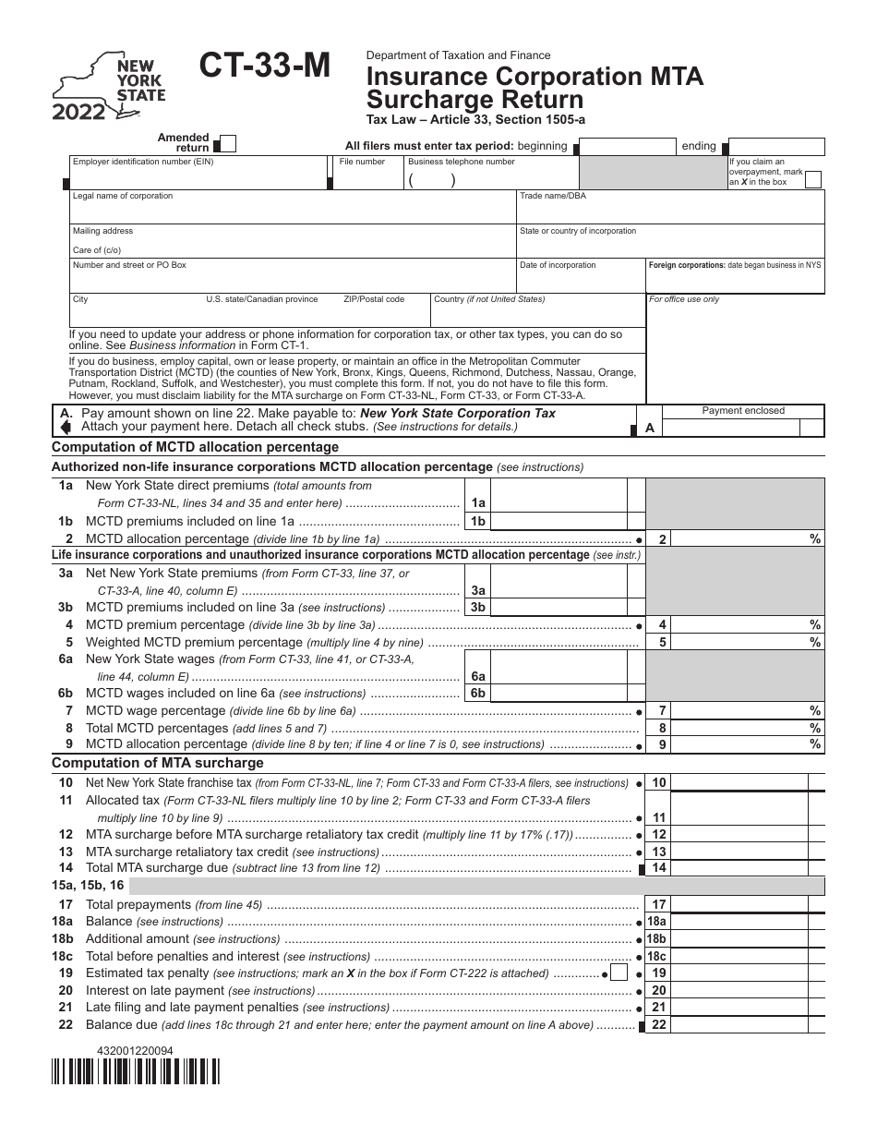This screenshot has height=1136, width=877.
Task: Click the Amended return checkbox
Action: click(x=227, y=144)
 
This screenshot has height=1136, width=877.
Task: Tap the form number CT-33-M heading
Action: click(x=264, y=68)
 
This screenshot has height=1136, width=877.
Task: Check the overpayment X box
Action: click(x=812, y=179)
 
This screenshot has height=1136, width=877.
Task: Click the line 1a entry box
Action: click(x=559, y=502)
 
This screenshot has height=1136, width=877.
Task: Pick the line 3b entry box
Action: click(x=559, y=607)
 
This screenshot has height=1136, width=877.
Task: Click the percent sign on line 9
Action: click(x=815, y=744)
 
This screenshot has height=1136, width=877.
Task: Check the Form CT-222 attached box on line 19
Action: click(x=619, y=973)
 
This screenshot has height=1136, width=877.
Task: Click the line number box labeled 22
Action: click(x=658, y=1024)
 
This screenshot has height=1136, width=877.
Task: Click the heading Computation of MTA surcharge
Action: click(x=158, y=763)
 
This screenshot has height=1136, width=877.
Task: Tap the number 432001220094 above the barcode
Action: click(x=134, y=1050)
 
